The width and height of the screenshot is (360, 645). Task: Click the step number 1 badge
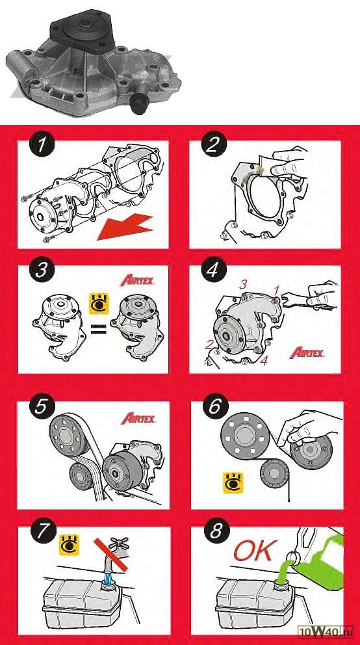[41, 146]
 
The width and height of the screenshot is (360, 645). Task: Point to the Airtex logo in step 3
[137, 281]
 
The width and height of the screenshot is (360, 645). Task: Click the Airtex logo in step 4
[307, 352]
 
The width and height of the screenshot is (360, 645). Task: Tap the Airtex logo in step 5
[138, 418]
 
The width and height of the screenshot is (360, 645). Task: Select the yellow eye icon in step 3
[99, 303]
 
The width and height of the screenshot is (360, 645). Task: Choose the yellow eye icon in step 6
[233, 482]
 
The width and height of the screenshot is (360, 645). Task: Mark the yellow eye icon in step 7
[69, 545]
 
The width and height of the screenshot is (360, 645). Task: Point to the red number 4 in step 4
[264, 361]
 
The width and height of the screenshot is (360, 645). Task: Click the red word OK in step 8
[253, 551]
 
